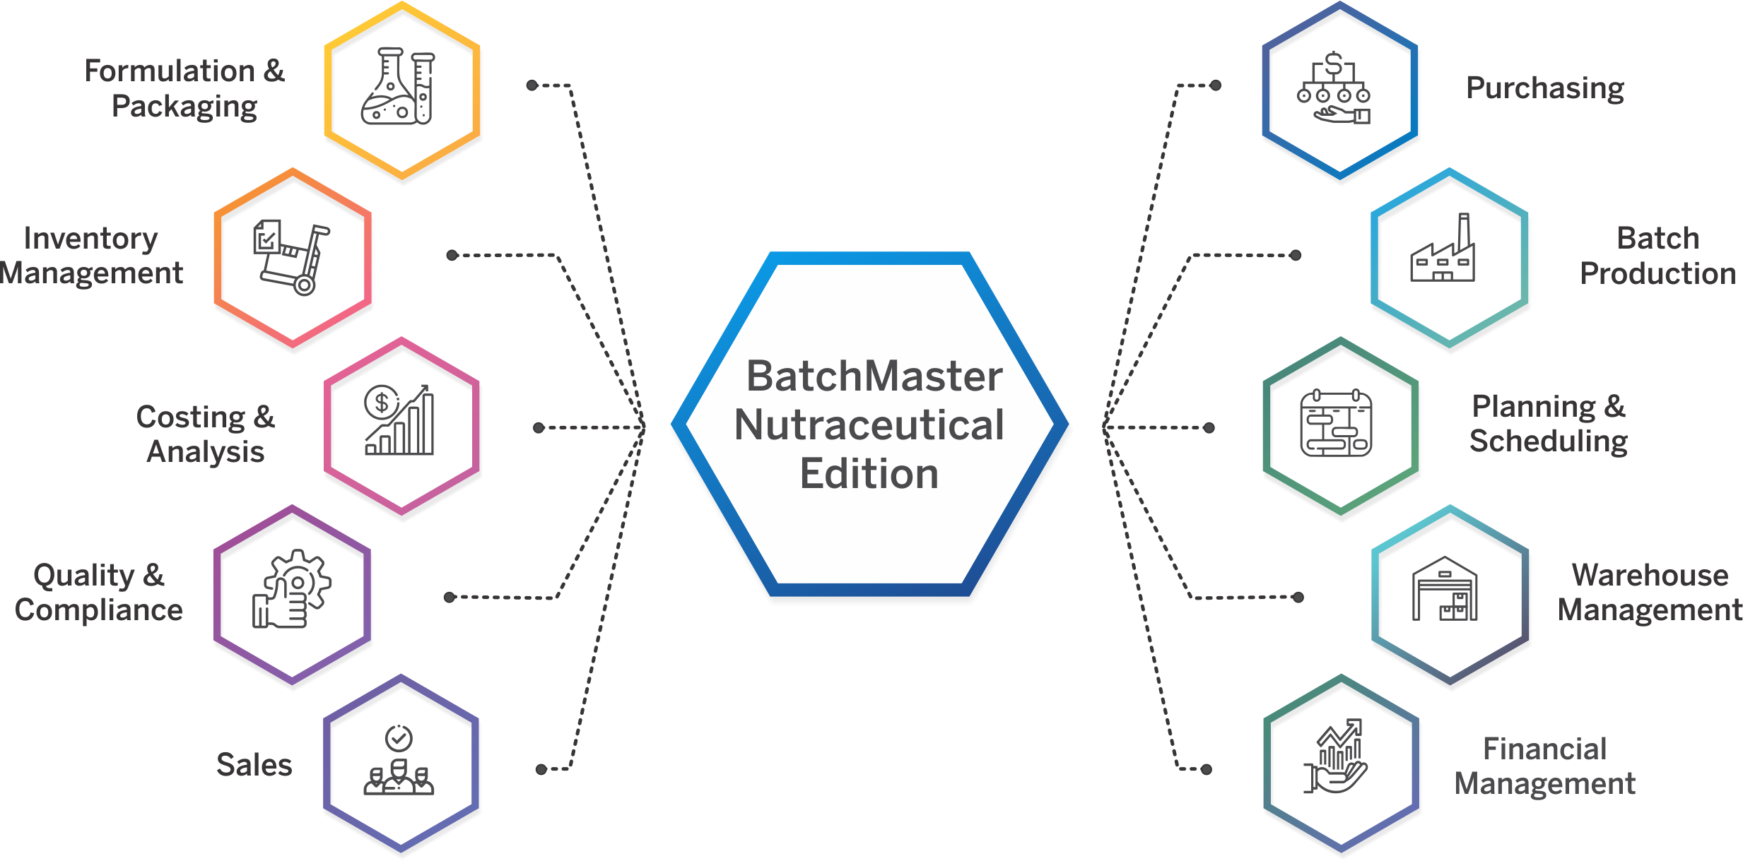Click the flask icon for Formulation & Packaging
[398, 86]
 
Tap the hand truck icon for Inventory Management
[292, 258]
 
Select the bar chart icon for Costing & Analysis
[399, 420]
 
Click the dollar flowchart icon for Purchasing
[1334, 88]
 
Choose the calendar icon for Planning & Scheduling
[1336, 422]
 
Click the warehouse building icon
[1445, 588]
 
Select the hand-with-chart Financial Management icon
[1335, 756]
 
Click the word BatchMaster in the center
[874, 376]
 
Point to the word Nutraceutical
[869, 425]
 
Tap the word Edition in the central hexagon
[869, 473]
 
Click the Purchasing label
[1545, 88]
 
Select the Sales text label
[254, 764]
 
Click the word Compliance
[99, 610]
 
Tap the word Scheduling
[1549, 441]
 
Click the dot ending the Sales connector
[541, 769]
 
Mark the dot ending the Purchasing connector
[1216, 85]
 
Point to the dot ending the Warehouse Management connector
[1298, 597]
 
